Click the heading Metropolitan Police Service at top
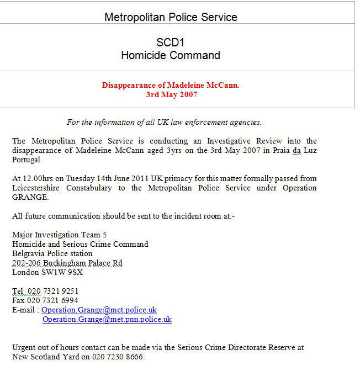[x=171, y=17]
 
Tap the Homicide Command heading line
[x=171, y=55]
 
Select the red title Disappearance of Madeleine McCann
[x=171, y=86]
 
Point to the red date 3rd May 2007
[x=171, y=94]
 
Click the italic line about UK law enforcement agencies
[x=164, y=122]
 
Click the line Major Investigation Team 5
[x=60, y=235]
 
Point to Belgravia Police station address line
[x=52, y=253]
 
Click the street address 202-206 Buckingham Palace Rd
[x=67, y=263]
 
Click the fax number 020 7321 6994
[x=53, y=300]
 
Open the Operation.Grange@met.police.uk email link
[x=99, y=310]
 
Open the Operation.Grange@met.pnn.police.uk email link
[x=107, y=319]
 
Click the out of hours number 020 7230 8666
[x=117, y=357]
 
